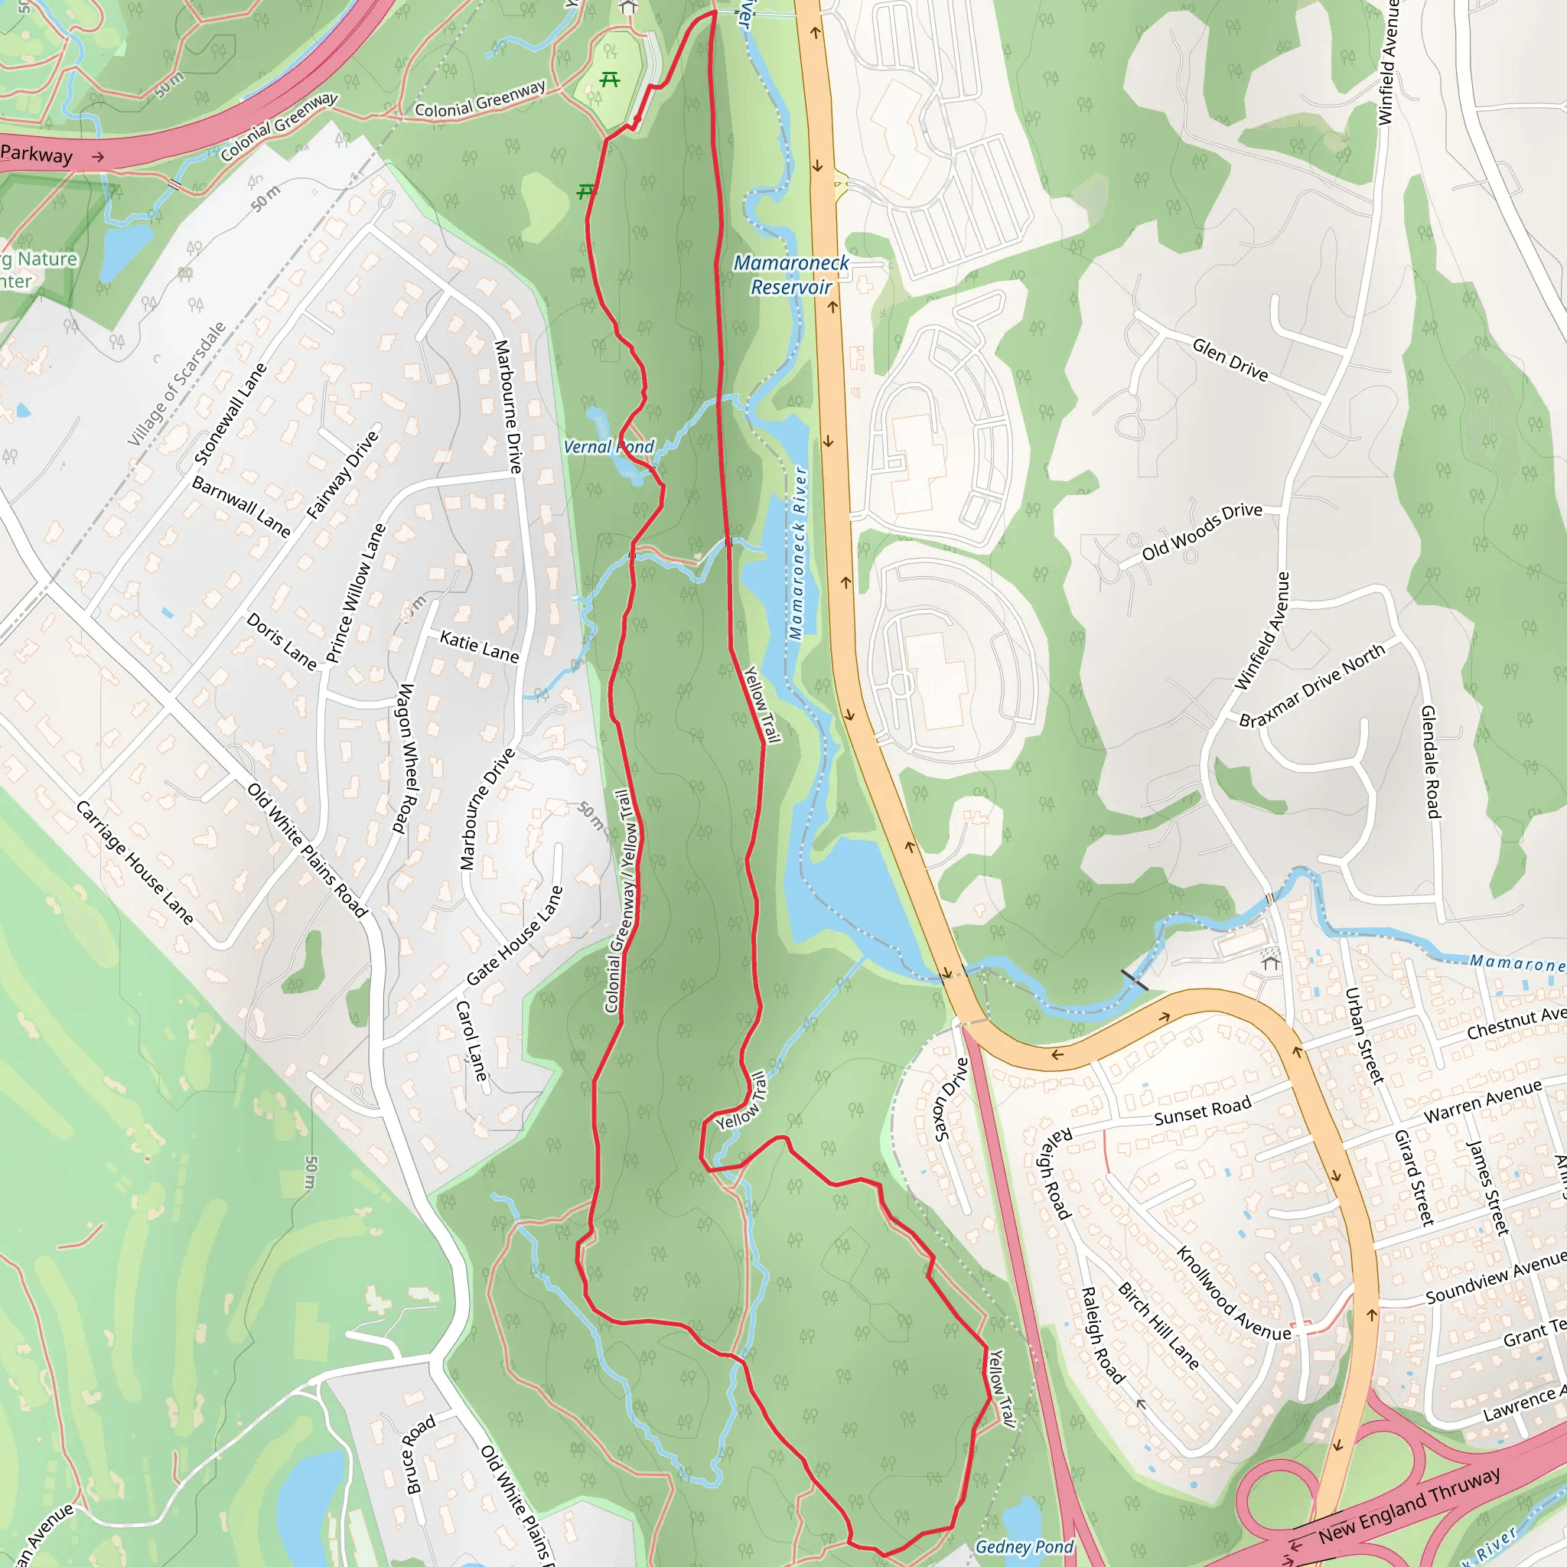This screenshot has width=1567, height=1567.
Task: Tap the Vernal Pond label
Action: tap(608, 447)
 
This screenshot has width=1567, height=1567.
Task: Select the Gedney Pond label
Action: tap(1024, 1546)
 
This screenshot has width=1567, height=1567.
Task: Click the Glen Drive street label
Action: tap(1230, 360)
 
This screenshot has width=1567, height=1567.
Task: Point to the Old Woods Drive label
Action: tap(1201, 531)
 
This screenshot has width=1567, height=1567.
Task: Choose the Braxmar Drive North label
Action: tap(1311, 686)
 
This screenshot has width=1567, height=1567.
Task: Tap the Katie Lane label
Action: tap(478, 647)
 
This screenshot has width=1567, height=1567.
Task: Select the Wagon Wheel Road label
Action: tap(405, 758)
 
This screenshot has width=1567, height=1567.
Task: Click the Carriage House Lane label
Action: tap(135, 862)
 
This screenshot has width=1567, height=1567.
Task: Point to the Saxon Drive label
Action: tap(951, 1099)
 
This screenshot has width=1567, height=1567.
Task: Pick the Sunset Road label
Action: tap(1202, 1110)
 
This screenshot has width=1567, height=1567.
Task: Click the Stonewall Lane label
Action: tap(230, 414)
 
